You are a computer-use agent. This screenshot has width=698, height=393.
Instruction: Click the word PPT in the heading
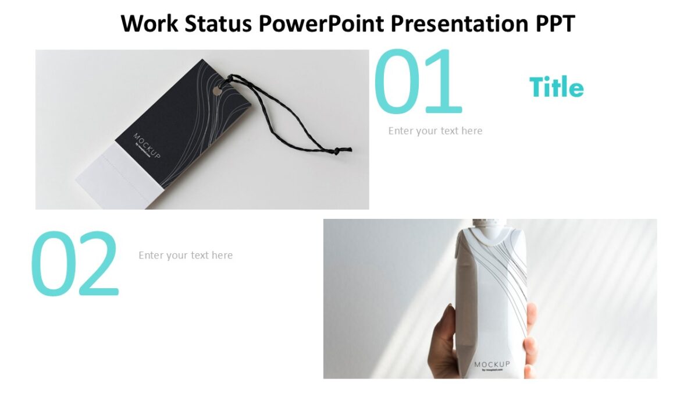pyautogui.click(x=553, y=24)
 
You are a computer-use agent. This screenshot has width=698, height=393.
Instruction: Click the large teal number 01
pyautogui.click(x=418, y=82)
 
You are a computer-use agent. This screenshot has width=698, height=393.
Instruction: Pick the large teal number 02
pyautogui.click(x=74, y=264)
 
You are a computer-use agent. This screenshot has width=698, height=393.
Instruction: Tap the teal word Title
pyautogui.click(x=556, y=88)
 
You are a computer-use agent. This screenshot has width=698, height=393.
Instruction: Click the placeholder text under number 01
pyautogui.click(x=435, y=131)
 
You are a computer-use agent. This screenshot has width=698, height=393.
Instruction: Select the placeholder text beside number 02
pyautogui.click(x=186, y=256)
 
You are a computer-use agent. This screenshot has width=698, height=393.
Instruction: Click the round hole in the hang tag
pyautogui.click(x=218, y=91)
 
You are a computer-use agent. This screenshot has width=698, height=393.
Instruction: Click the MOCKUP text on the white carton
pyautogui.click(x=492, y=365)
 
